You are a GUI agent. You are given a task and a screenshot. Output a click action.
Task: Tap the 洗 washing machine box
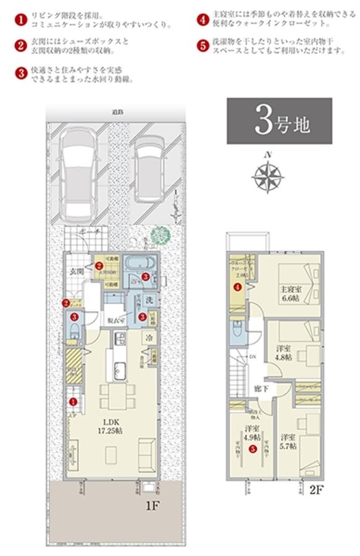[149, 300]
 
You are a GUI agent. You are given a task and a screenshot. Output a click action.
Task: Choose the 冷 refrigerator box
[149, 338]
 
